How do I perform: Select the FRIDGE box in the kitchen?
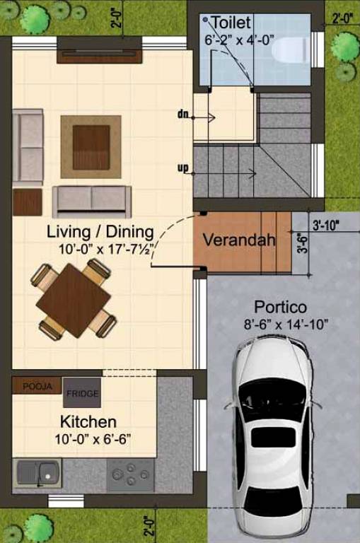(x=83, y=392)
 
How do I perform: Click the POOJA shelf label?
(x=37, y=386)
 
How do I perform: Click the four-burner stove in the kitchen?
(x=131, y=475)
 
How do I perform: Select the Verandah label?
(x=239, y=240)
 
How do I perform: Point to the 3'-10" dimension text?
(x=325, y=226)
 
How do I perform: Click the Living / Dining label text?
(x=100, y=231)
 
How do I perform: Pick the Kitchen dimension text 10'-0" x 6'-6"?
(x=88, y=438)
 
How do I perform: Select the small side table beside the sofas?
(x=28, y=201)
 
